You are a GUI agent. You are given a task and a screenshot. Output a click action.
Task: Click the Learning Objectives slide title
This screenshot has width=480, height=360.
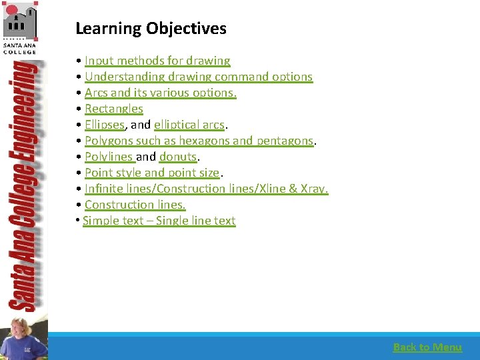[151, 29]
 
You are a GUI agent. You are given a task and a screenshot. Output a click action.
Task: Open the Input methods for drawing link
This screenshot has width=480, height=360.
[157, 61]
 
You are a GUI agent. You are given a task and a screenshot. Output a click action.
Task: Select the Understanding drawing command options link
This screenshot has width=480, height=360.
[198, 77]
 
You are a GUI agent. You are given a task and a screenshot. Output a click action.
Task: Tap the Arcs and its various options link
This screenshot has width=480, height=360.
[160, 93]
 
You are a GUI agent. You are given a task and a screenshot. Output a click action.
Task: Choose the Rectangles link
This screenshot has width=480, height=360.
[113, 109]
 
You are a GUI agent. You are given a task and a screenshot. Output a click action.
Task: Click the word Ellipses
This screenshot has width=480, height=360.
[104, 125]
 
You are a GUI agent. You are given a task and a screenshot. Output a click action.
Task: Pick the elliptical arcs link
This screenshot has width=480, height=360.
[190, 125]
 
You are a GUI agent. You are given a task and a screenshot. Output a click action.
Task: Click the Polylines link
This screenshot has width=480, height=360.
[109, 157]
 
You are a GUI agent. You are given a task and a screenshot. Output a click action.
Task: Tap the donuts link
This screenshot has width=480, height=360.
[177, 157]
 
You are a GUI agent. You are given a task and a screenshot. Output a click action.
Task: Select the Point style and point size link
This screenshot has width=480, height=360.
[151, 173]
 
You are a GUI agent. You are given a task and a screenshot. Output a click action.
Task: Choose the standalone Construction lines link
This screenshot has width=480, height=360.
[135, 205]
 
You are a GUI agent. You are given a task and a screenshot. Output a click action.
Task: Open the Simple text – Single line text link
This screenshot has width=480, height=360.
[159, 221]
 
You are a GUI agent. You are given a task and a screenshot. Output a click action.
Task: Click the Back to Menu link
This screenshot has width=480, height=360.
[427, 347]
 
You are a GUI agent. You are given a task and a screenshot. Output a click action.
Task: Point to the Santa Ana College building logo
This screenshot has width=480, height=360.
[20, 23]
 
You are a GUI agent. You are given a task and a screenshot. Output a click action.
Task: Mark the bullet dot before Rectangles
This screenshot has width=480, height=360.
[79, 109]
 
